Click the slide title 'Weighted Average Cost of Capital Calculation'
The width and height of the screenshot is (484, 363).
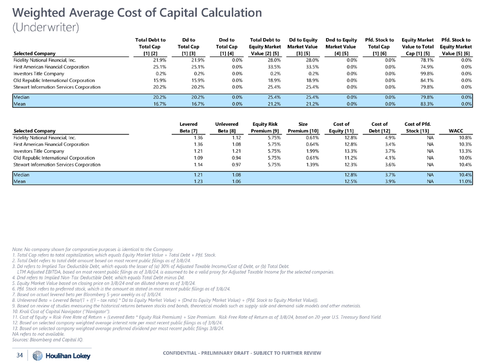(123, 11)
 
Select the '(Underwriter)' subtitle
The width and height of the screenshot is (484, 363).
(45, 27)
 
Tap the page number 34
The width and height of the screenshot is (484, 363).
(20, 355)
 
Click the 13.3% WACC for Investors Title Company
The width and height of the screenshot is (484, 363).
(463, 151)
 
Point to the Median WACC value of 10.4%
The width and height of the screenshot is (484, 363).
(463, 175)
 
